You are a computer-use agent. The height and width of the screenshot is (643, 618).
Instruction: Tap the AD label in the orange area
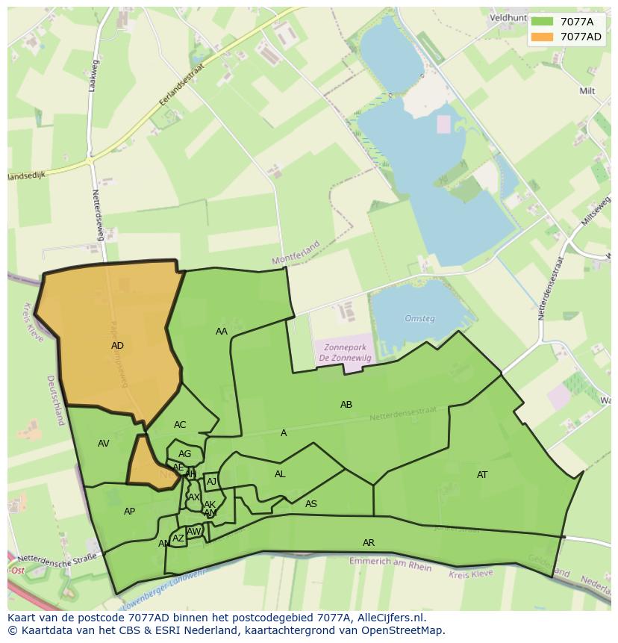coord(117,346)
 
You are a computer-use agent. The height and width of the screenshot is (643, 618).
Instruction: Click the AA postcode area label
coord(222,332)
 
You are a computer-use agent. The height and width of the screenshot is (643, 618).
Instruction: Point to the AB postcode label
coord(346,405)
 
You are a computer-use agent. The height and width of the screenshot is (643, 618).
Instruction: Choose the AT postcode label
coord(482,475)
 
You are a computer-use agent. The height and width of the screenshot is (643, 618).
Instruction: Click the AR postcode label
coord(369,543)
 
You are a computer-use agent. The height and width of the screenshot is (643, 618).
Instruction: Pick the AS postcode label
coord(311,504)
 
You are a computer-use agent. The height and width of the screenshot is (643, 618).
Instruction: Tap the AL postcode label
coord(280,474)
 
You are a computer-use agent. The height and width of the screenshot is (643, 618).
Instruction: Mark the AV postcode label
coord(104,444)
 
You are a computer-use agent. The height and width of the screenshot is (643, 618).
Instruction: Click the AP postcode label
coord(130,512)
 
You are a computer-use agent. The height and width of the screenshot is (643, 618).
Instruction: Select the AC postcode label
coord(180,425)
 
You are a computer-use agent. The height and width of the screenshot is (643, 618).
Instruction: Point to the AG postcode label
coord(185,454)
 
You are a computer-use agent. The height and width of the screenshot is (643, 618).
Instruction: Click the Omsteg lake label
coord(419,319)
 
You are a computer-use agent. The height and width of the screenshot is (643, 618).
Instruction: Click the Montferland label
coord(296,252)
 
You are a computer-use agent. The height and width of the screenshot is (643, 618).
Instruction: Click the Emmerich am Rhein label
coord(390,564)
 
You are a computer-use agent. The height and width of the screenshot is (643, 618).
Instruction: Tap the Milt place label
coord(587,91)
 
